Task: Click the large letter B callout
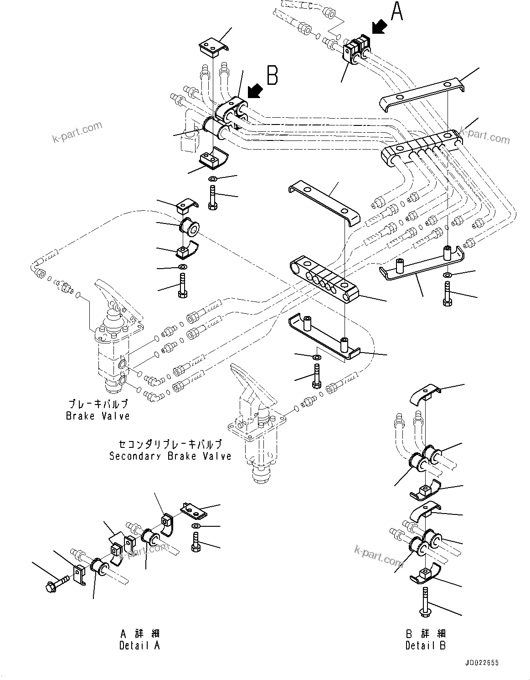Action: point(272,75)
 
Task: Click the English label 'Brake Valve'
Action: point(98,416)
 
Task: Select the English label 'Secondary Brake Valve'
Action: point(170,456)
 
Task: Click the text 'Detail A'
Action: point(139,645)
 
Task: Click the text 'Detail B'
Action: point(426,645)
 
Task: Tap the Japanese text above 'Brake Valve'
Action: point(98,404)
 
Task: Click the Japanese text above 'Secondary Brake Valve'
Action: point(170,444)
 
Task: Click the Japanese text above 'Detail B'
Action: point(426,633)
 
